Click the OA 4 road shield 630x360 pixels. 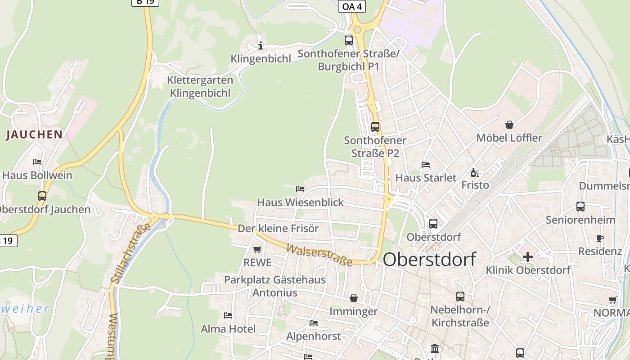(x=351, y=6)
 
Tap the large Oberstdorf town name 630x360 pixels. (x=429, y=260)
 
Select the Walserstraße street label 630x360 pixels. (x=319, y=255)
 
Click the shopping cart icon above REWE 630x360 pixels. (x=257, y=249)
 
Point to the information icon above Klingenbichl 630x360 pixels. (x=260, y=45)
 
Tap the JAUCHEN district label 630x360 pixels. (x=34, y=135)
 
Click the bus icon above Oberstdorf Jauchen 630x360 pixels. (x=42, y=196)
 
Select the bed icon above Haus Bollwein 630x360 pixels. (x=37, y=162)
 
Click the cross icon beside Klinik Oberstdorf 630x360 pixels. (x=527, y=257)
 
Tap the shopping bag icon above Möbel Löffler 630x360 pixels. (x=509, y=125)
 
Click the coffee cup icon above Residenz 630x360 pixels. (x=599, y=238)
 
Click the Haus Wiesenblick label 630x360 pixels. (x=300, y=202)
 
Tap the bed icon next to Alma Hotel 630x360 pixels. (x=228, y=315)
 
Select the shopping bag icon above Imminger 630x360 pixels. (x=354, y=298)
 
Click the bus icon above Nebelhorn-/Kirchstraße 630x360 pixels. (x=460, y=297)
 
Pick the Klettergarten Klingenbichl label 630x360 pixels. (x=200, y=87)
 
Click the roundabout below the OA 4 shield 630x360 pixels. (x=357, y=30)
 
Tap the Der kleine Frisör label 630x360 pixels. (x=278, y=229)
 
